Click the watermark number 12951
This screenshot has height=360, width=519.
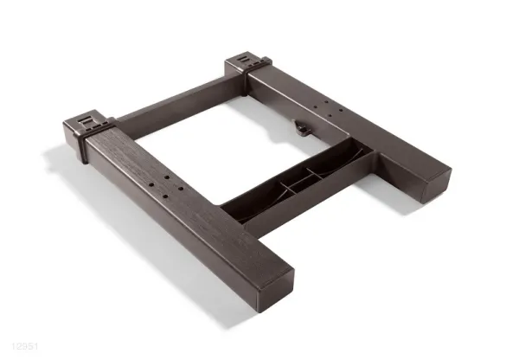click(25, 346)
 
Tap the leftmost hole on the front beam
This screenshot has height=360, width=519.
click(151, 184)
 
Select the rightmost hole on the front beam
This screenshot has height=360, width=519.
click(181, 189)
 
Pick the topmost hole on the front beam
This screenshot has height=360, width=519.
click(167, 177)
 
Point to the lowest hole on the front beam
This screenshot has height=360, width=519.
click(165, 196)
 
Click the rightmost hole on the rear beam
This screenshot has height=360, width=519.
click(341, 110)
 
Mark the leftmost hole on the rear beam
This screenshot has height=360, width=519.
click(315, 107)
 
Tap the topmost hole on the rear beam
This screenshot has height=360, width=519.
click(326, 102)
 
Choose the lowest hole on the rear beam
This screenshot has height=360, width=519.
click(330, 116)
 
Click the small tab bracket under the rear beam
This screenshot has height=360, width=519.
click(302, 128)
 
